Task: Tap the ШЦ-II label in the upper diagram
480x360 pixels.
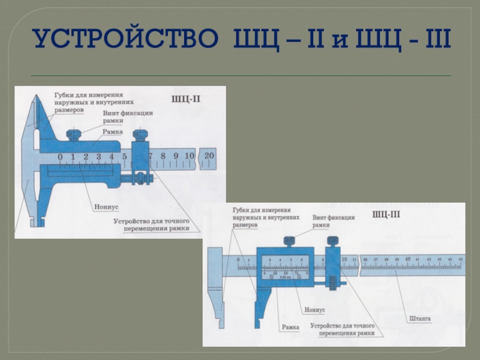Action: click(x=186, y=99)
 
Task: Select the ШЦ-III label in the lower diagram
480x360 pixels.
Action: click(x=387, y=214)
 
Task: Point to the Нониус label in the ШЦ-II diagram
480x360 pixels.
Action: click(x=106, y=206)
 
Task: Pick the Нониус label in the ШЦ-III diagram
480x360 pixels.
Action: click(x=314, y=310)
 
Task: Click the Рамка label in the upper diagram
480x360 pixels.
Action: click(x=113, y=131)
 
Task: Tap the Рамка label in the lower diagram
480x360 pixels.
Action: click(x=290, y=328)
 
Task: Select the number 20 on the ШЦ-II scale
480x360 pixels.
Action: click(x=209, y=156)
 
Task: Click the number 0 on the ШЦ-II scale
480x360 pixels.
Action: click(x=60, y=157)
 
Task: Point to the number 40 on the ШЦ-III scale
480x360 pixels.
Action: click(x=407, y=259)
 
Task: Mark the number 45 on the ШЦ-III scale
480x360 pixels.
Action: click(x=460, y=259)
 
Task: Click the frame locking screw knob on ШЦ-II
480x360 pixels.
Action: click(x=73, y=134)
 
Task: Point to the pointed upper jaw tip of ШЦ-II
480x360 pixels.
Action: click(x=37, y=99)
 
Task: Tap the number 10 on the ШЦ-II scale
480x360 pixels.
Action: click(x=189, y=157)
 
